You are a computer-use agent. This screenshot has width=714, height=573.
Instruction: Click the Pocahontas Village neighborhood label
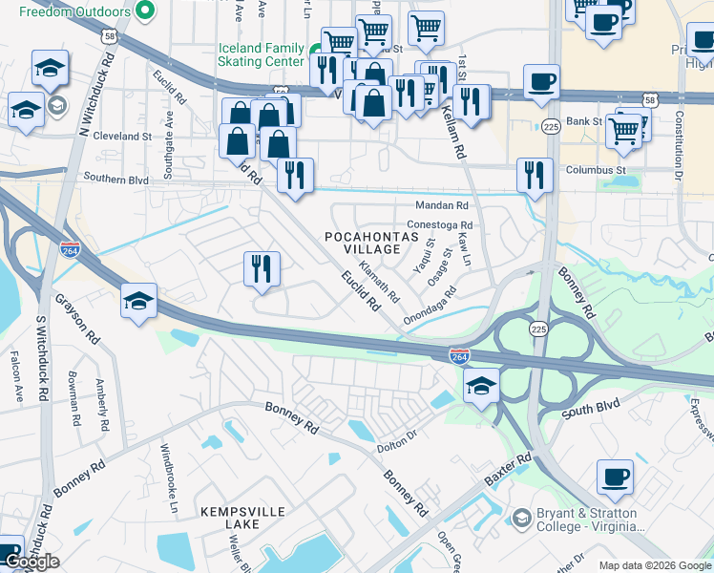[x=363, y=242]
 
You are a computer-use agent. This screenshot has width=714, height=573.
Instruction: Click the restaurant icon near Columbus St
[x=535, y=176]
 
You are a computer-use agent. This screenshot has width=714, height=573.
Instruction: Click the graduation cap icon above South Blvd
[x=482, y=387]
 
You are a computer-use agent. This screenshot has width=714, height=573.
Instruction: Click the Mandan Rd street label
[x=441, y=205]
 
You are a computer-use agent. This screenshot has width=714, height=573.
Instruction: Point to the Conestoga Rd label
[x=445, y=225]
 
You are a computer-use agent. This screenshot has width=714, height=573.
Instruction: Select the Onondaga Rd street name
[x=429, y=308]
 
